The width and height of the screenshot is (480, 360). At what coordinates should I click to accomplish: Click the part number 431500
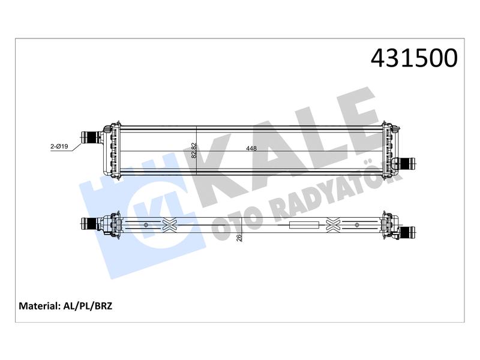pos(414,58)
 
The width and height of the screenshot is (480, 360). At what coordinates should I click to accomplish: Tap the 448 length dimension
pos(251,148)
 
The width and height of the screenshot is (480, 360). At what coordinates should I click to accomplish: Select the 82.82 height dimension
pos(193,151)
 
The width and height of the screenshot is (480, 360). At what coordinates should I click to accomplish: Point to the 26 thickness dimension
pos(239,237)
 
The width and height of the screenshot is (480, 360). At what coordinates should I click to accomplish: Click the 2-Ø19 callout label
pos(59,146)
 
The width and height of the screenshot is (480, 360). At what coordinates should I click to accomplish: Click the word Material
pos(38,306)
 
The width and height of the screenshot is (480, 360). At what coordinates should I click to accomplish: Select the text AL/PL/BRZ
pos(88,306)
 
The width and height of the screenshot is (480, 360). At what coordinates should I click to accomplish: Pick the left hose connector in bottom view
pos(89,224)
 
